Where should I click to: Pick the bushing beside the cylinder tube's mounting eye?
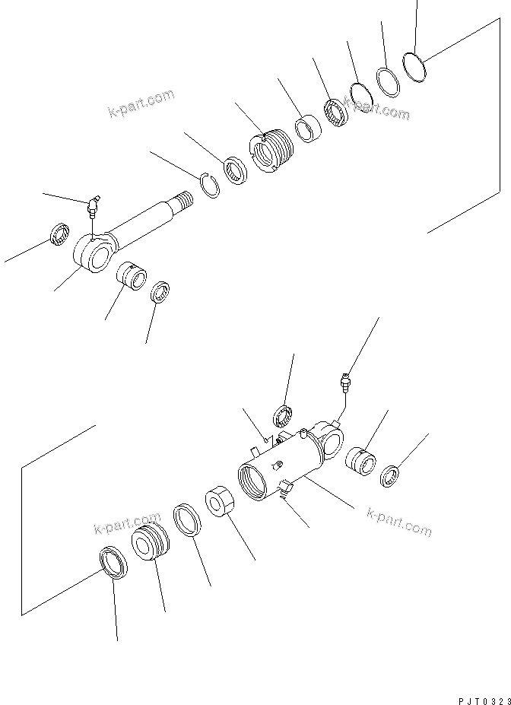pyautogui.click(x=362, y=462)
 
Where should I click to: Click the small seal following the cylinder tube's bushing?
pyautogui.click(x=391, y=475)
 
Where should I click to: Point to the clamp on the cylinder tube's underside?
pyautogui.click(x=285, y=490)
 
